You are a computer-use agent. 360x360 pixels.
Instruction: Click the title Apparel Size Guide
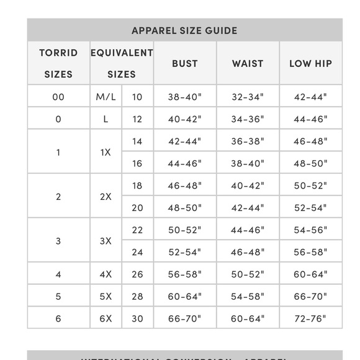(184, 30)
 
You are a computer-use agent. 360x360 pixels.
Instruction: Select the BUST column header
(185, 63)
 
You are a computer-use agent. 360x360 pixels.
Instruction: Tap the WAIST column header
(248, 63)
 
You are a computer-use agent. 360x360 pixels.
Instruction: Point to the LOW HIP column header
(310, 63)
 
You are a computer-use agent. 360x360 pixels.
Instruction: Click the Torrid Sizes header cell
(58, 63)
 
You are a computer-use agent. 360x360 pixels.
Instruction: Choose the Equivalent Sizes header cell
(122, 63)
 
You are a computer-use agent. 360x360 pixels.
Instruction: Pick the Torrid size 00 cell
(58, 97)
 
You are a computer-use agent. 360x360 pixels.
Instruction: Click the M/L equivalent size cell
(106, 97)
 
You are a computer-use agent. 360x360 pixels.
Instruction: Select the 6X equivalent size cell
(106, 318)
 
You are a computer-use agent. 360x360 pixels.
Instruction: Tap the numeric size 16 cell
(137, 164)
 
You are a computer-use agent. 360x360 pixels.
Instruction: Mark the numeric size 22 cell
(137, 230)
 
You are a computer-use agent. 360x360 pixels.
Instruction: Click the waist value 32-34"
(248, 97)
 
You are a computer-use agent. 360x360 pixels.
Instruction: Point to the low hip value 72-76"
(310, 318)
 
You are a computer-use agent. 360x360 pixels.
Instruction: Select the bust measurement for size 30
(185, 318)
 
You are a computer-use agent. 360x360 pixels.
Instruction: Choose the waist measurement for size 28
(248, 297)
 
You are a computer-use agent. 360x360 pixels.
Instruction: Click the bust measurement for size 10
(185, 97)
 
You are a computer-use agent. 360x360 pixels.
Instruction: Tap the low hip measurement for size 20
(310, 208)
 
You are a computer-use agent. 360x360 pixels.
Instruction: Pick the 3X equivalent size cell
(106, 241)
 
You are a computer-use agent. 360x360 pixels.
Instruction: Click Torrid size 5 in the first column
(58, 297)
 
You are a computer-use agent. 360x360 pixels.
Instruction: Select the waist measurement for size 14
(248, 142)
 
